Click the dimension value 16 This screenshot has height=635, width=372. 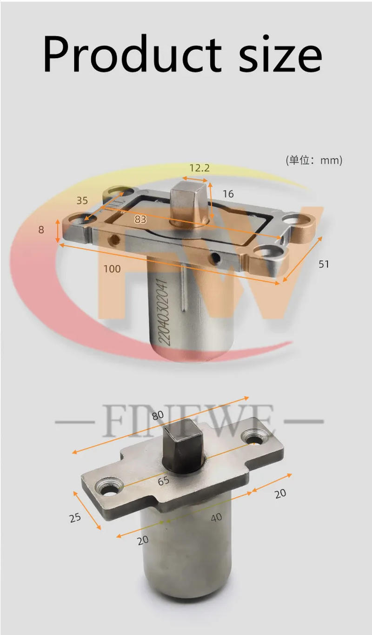[228, 194]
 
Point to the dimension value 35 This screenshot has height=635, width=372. [82, 201]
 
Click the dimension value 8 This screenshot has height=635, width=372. [41, 229]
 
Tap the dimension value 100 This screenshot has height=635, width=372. [112, 269]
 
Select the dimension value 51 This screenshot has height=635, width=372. [324, 264]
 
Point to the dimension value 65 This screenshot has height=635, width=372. [164, 481]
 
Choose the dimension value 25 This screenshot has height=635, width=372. [75, 517]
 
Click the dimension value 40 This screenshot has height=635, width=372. [216, 517]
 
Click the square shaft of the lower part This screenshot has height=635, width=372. [186, 442]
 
